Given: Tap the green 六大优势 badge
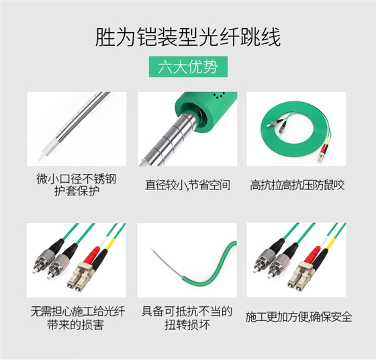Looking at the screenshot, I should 187,68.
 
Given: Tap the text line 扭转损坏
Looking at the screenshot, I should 187,323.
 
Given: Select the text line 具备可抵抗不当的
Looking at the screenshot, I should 187,310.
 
